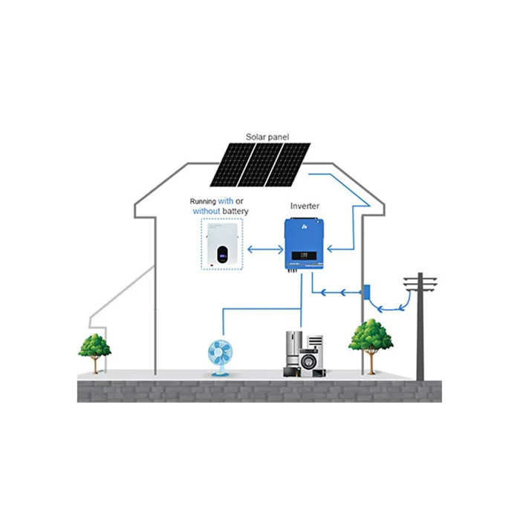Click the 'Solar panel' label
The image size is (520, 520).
coord(267,137)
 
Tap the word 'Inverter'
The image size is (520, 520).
coord(305,206)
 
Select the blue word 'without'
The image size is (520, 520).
coord(207,211)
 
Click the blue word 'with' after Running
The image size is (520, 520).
coord(226,201)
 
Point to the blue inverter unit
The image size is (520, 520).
coord(304,244)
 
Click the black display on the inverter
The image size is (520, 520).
coord(304,256)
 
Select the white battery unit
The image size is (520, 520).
coord(222,244)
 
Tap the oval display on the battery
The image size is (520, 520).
coord(223,254)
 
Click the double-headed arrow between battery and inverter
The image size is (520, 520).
coord(265,250)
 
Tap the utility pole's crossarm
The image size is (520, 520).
coord(420,279)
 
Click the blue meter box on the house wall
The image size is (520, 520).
coord(367,292)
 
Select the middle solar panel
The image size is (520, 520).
coord(260,164)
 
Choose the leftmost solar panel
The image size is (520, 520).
coord(233,164)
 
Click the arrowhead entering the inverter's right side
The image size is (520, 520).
coord(330,249)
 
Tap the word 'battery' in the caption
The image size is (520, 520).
coord(235,211)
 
